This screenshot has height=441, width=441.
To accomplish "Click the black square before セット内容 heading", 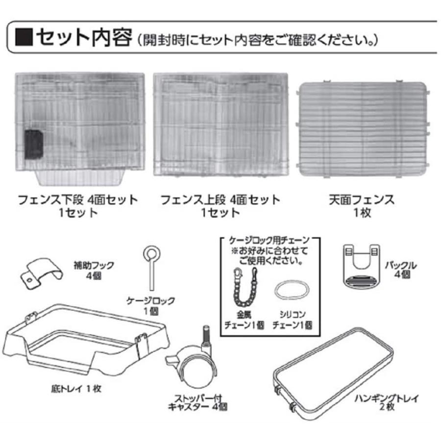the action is (x=24, y=37).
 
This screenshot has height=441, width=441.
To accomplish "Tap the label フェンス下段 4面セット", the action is (x=78, y=200).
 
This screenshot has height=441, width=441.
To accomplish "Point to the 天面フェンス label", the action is (x=362, y=200).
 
